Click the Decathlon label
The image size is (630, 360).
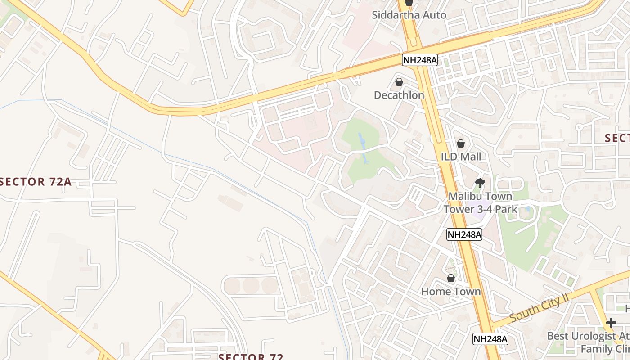point(399,95)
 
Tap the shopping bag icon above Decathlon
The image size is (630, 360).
point(399,82)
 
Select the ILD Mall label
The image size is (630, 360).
point(461,157)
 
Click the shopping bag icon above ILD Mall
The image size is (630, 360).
point(460,144)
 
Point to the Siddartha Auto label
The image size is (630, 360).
point(409,15)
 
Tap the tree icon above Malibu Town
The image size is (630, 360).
point(480,183)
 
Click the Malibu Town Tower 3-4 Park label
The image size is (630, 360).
point(480,203)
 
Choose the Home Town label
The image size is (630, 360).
point(451,291)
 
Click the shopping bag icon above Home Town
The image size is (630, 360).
point(451,278)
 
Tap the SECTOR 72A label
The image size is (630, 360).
point(36,182)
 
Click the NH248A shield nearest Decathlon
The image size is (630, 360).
point(420,60)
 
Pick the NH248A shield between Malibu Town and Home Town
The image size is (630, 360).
point(464,234)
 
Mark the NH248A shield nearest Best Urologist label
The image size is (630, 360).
point(490,339)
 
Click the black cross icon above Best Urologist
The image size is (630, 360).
point(611,323)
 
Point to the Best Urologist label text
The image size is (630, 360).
point(588,336)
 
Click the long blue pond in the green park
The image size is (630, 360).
point(362,146)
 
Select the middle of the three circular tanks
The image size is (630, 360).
point(251,285)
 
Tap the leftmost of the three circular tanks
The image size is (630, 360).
point(232,285)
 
